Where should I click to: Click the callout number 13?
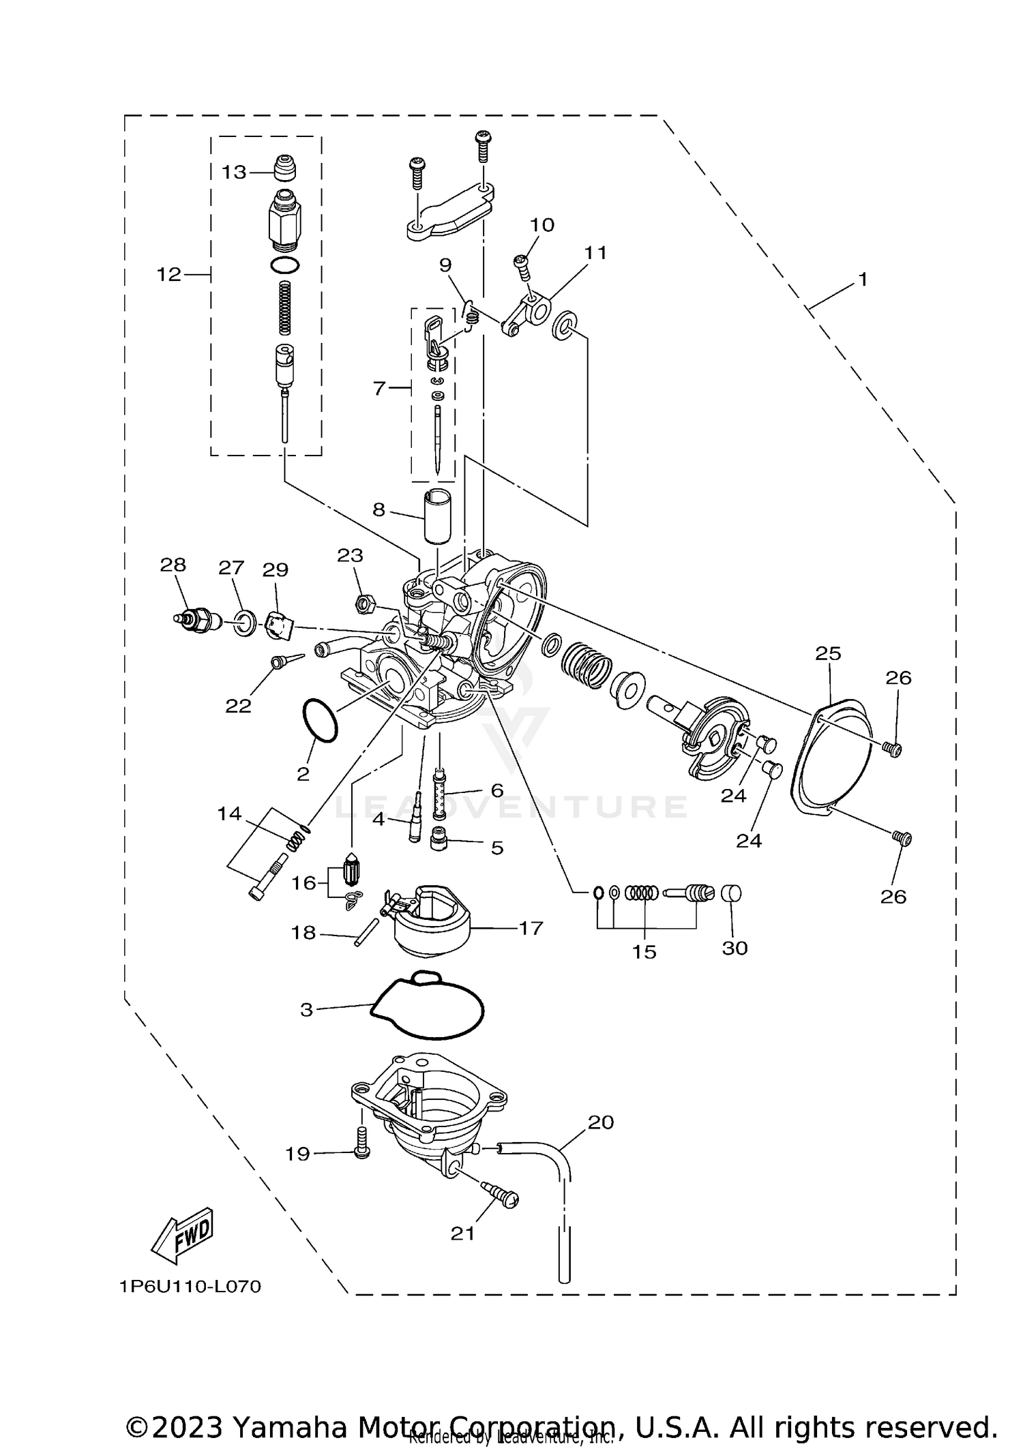[233, 172]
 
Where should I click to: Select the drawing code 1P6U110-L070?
[190, 1287]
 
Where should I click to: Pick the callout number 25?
[828, 653]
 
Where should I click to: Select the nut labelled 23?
[365, 603]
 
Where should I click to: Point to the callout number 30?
[735, 948]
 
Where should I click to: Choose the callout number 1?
[862, 280]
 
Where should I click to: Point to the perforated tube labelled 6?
[440, 794]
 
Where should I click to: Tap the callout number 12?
[168, 274]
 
